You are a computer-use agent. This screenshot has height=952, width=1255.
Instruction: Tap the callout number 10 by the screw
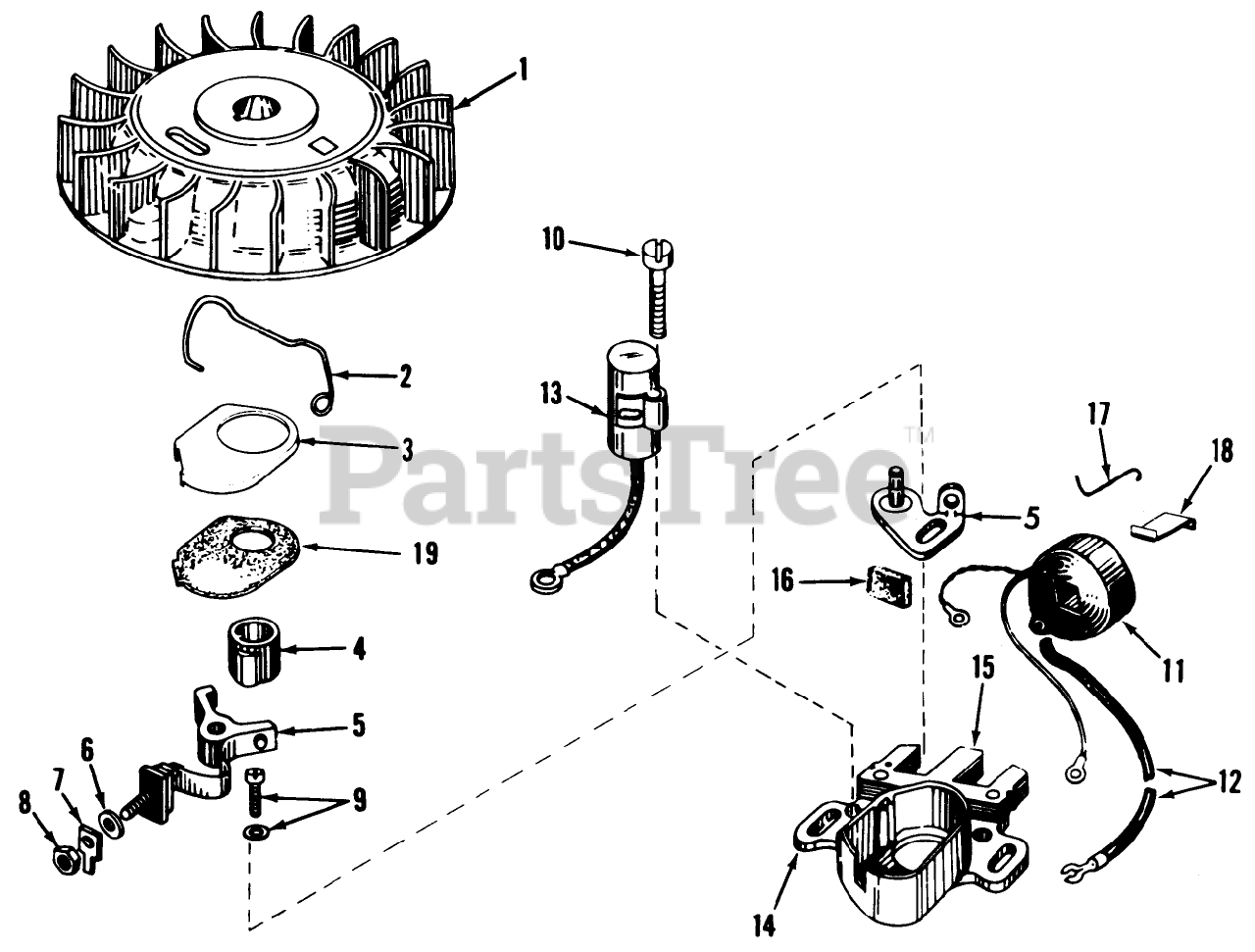pyautogui.click(x=552, y=239)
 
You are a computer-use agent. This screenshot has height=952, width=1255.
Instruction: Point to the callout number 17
pyautogui.click(x=1096, y=415)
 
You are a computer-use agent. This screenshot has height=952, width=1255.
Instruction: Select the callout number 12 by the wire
pyautogui.click(x=1226, y=782)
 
